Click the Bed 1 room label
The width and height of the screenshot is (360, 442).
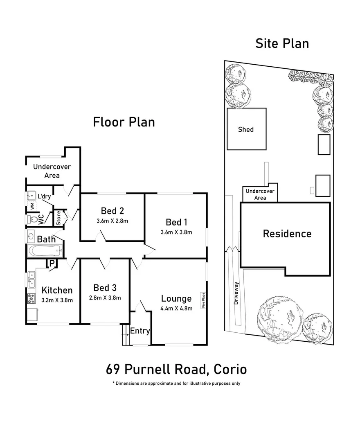(x=176, y=222)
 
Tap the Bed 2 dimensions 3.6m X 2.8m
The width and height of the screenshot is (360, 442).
(x=112, y=221)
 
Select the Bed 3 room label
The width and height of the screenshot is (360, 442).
(x=105, y=288)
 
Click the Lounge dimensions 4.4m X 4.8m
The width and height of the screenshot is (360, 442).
(x=176, y=309)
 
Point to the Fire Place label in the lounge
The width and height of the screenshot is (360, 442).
(x=203, y=300)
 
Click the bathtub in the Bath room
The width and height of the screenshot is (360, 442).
(x=45, y=250)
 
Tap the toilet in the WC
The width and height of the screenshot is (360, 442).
(x=33, y=219)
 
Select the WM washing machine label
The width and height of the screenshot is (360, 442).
(x=32, y=206)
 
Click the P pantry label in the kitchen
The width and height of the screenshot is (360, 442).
(x=52, y=263)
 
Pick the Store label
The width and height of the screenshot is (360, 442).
(x=59, y=218)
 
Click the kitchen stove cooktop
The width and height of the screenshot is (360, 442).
(x=31, y=298)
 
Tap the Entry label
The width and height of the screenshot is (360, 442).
(x=140, y=331)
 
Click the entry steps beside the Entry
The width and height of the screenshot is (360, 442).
(x=126, y=335)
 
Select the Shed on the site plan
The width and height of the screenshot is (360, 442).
(x=247, y=129)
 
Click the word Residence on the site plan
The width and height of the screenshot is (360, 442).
(x=287, y=234)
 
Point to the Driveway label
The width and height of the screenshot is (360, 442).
(x=236, y=293)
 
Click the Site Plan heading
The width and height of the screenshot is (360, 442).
(x=282, y=43)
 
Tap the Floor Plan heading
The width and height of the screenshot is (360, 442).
(x=124, y=122)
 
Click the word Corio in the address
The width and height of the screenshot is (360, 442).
(x=230, y=369)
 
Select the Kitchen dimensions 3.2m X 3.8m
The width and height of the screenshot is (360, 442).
(x=57, y=300)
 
